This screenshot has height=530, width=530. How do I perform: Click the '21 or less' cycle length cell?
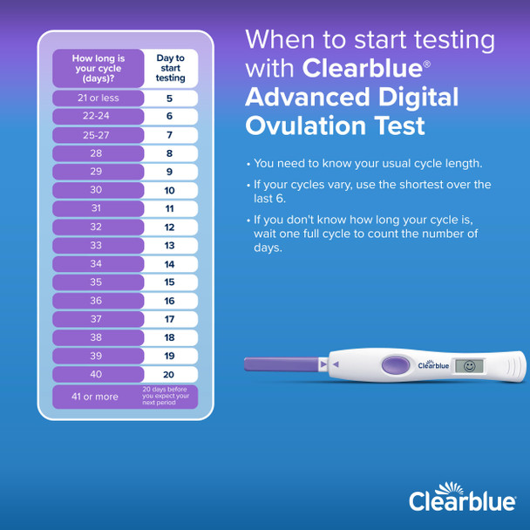tap(98, 99)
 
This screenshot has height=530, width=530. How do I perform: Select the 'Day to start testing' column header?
tap(170, 68)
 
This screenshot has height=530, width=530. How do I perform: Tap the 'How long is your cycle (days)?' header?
tap(98, 68)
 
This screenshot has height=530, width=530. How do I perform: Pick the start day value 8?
tap(170, 153)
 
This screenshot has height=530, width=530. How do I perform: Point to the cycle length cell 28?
tap(98, 153)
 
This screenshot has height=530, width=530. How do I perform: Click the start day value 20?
tap(170, 374)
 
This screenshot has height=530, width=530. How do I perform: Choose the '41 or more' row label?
tap(98, 397)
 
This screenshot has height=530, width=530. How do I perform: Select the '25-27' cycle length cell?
tap(98, 135)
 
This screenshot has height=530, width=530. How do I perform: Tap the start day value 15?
tap(170, 282)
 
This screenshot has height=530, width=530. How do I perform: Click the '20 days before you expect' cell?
tap(170, 397)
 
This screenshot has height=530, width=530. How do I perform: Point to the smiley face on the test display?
tap(469, 365)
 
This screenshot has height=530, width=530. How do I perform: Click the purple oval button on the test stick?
tap(395, 365)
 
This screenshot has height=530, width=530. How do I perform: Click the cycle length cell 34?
tap(98, 264)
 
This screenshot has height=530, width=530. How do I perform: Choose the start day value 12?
tap(170, 227)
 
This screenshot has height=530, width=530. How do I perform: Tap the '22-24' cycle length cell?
tap(98, 117)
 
